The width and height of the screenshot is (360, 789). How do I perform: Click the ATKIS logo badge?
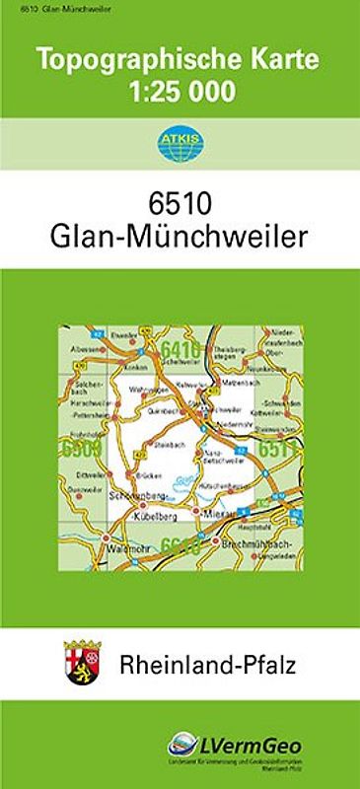180,139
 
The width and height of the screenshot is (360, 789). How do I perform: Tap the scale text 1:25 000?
180,93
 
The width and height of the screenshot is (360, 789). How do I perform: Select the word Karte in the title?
285,60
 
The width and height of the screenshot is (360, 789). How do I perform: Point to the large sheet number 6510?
180,206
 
